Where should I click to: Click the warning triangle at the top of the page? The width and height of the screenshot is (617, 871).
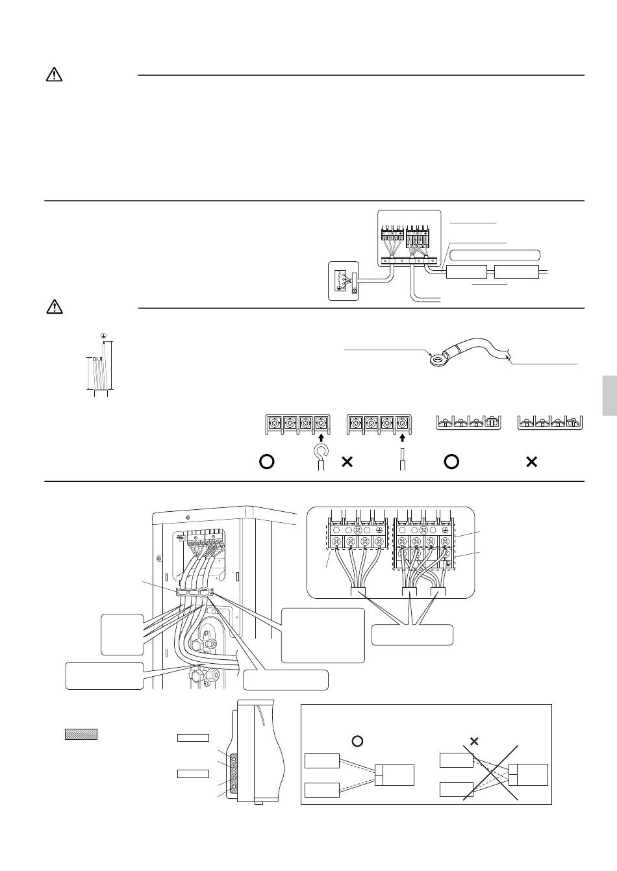coord(54,75)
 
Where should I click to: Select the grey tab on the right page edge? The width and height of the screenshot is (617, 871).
coord(609,396)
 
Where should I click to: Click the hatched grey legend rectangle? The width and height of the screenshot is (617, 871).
coord(81,735)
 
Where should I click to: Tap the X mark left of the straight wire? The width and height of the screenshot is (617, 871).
coord(347,462)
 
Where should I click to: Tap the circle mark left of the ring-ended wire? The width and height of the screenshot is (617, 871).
coord(266,462)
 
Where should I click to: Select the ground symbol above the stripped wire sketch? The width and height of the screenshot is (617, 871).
coord(103,336)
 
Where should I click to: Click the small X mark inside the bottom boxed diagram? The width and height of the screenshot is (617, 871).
coord(474,740)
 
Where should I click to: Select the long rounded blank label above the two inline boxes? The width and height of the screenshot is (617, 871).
coord(495,254)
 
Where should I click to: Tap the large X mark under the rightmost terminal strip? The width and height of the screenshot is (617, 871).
coord(531,462)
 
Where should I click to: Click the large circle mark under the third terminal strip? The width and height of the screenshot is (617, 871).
coord(452,462)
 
